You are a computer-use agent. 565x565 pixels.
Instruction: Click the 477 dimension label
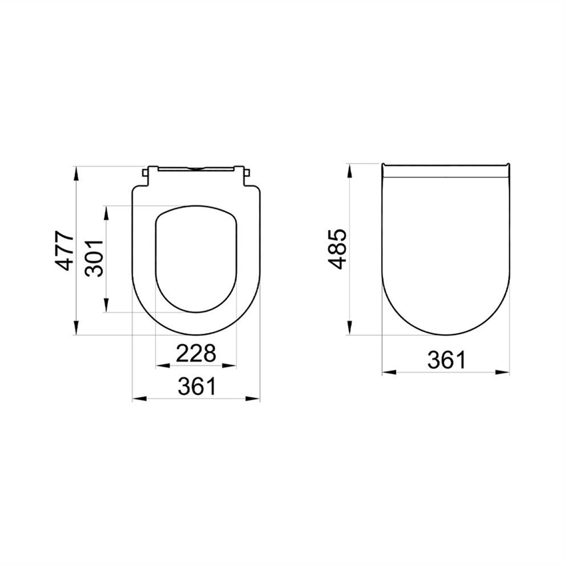pos(65,251)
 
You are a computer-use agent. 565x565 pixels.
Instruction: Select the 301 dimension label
pos(94,258)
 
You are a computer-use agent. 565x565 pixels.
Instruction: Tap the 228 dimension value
pos(196,353)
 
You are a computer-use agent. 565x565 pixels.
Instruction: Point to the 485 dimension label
pos(337,249)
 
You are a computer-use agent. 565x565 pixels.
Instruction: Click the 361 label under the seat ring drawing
pos(197,386)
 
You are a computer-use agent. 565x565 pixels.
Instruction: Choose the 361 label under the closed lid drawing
pos(446,360)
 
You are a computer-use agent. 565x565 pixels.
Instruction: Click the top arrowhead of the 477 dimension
pos(76,173)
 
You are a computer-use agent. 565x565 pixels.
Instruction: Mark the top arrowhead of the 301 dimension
pos(106,213)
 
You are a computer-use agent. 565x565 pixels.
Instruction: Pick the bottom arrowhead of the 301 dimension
pos(106,305)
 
